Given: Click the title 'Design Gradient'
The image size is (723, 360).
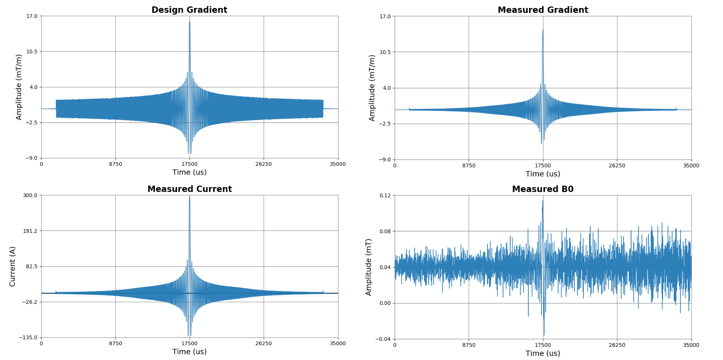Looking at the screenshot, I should [x=189, y=10].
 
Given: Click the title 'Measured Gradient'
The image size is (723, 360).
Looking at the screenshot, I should [x=543, y=10].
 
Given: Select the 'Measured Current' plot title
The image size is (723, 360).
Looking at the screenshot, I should [x=189, y=189].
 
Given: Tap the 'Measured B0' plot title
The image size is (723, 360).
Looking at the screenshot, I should [x=543, y=189].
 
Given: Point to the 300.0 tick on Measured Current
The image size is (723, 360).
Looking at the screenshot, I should [x=30, y=195].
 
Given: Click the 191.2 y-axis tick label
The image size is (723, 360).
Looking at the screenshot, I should [x=30, y=231].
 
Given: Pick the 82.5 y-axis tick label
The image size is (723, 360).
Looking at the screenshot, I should [x=31, y=266].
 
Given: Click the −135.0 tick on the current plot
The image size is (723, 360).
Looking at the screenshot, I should [x=28, y=337].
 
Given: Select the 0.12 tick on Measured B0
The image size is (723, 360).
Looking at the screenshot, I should [x=385, y=195].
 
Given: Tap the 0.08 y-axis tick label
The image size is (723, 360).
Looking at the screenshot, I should [x=385, y=231].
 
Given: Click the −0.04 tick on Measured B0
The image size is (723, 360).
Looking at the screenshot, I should [x=383, y=339].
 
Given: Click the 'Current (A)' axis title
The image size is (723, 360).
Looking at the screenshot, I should [x=12, y=266].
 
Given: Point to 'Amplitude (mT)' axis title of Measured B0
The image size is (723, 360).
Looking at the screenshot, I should [x=368, y=267].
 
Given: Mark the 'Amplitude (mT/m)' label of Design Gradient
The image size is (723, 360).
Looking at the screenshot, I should [x=19, y=87].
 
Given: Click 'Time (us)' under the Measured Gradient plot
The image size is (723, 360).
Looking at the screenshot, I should [x=543, y=174].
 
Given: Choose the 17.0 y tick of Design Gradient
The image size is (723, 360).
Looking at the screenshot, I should [x=32, y=16].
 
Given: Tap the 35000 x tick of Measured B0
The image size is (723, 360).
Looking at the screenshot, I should [x=691, y=345].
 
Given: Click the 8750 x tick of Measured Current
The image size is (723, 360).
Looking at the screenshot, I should [x=115, y=343].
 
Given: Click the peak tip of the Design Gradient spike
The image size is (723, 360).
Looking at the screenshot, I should [x=189, y=21].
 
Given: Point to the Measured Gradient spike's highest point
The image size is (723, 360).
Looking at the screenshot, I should [x=543, y=30].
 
